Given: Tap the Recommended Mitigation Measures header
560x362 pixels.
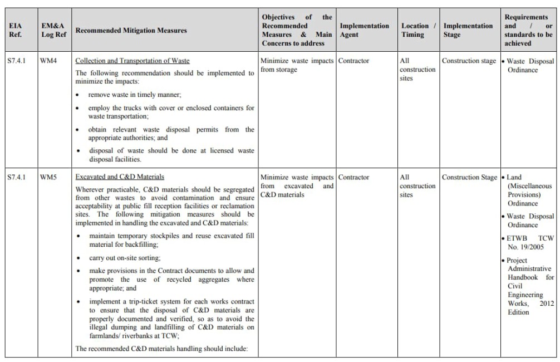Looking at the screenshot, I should point(131,30).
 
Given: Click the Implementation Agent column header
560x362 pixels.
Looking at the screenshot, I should point(364,30).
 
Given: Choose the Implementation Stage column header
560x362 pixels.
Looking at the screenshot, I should point(468,30).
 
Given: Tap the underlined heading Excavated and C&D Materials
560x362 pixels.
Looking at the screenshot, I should point(120,177).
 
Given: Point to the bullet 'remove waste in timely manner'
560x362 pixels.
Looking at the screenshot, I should point(135,95).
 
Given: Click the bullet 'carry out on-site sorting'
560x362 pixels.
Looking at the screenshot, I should point(125,258).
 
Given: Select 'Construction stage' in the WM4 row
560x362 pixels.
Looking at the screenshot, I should point(469,61).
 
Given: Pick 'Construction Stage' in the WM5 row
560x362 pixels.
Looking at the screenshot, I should point(469,177).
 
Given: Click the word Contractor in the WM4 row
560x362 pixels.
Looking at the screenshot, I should point(353,61).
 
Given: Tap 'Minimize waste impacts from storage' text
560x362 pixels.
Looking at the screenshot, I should point(297,65).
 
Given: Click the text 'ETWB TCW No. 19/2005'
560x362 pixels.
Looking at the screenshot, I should point(529,243).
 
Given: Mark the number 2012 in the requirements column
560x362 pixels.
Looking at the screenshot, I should point(546,304).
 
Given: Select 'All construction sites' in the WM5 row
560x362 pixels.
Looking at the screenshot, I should point(417,186).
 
